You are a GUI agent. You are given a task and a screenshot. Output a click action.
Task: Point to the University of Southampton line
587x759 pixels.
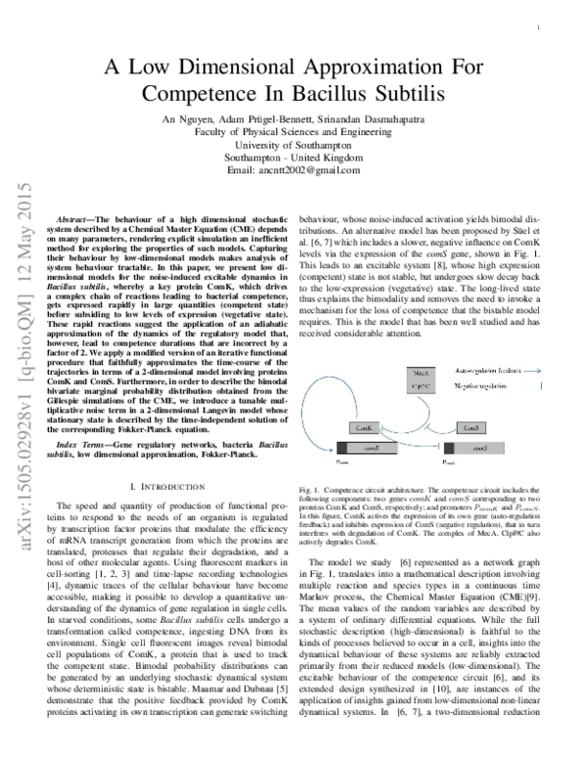(x=293, y=144)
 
